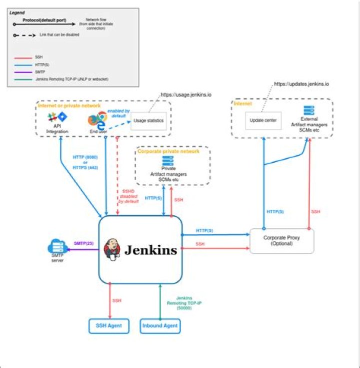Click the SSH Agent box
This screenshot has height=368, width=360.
pyautogui.click(x=109, y=326)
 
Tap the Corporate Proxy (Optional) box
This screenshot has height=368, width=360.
pyautogui.click(x=281, y=241)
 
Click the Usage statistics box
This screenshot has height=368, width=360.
pyautogui.click(x=149, y=121)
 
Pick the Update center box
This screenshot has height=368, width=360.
pyautogui.click(x=263, y=121)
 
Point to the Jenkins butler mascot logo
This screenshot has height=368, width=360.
pyautogui.click(x=112, y=249)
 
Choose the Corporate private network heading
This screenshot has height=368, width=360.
pyautogui.click(x=168, y=151)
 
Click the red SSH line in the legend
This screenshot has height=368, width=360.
pyautogui.click(x=22, y=58)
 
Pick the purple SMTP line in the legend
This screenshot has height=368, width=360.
pyautogui.click(x=22, y=72)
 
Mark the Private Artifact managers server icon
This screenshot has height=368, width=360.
pyautogui.click(x=167, y=161)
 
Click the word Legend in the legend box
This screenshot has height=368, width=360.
pyautogui.click(x=17, y=12)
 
